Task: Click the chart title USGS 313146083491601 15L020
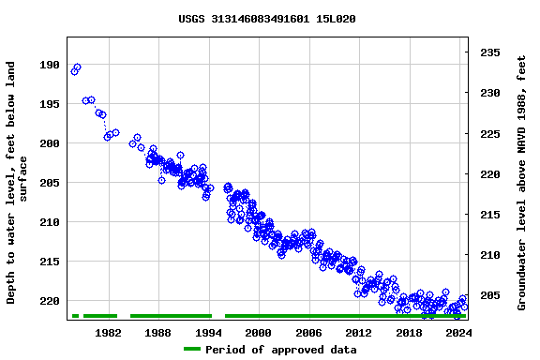(x=266, y=19)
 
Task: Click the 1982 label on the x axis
(x=108, y=333)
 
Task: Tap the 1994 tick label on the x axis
(x=208, y=333)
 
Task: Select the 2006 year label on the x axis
(x=308, y=333)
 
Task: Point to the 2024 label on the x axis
(x=458, y=333)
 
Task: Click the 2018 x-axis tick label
(x=409, y=333)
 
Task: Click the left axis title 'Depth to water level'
(x=18, y=183)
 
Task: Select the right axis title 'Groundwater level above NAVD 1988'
(x=521, y=183)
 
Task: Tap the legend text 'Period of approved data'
(x=280, y=350)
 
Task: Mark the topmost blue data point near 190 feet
(x=77, y=67)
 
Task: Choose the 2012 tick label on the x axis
(x=359, y=333)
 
